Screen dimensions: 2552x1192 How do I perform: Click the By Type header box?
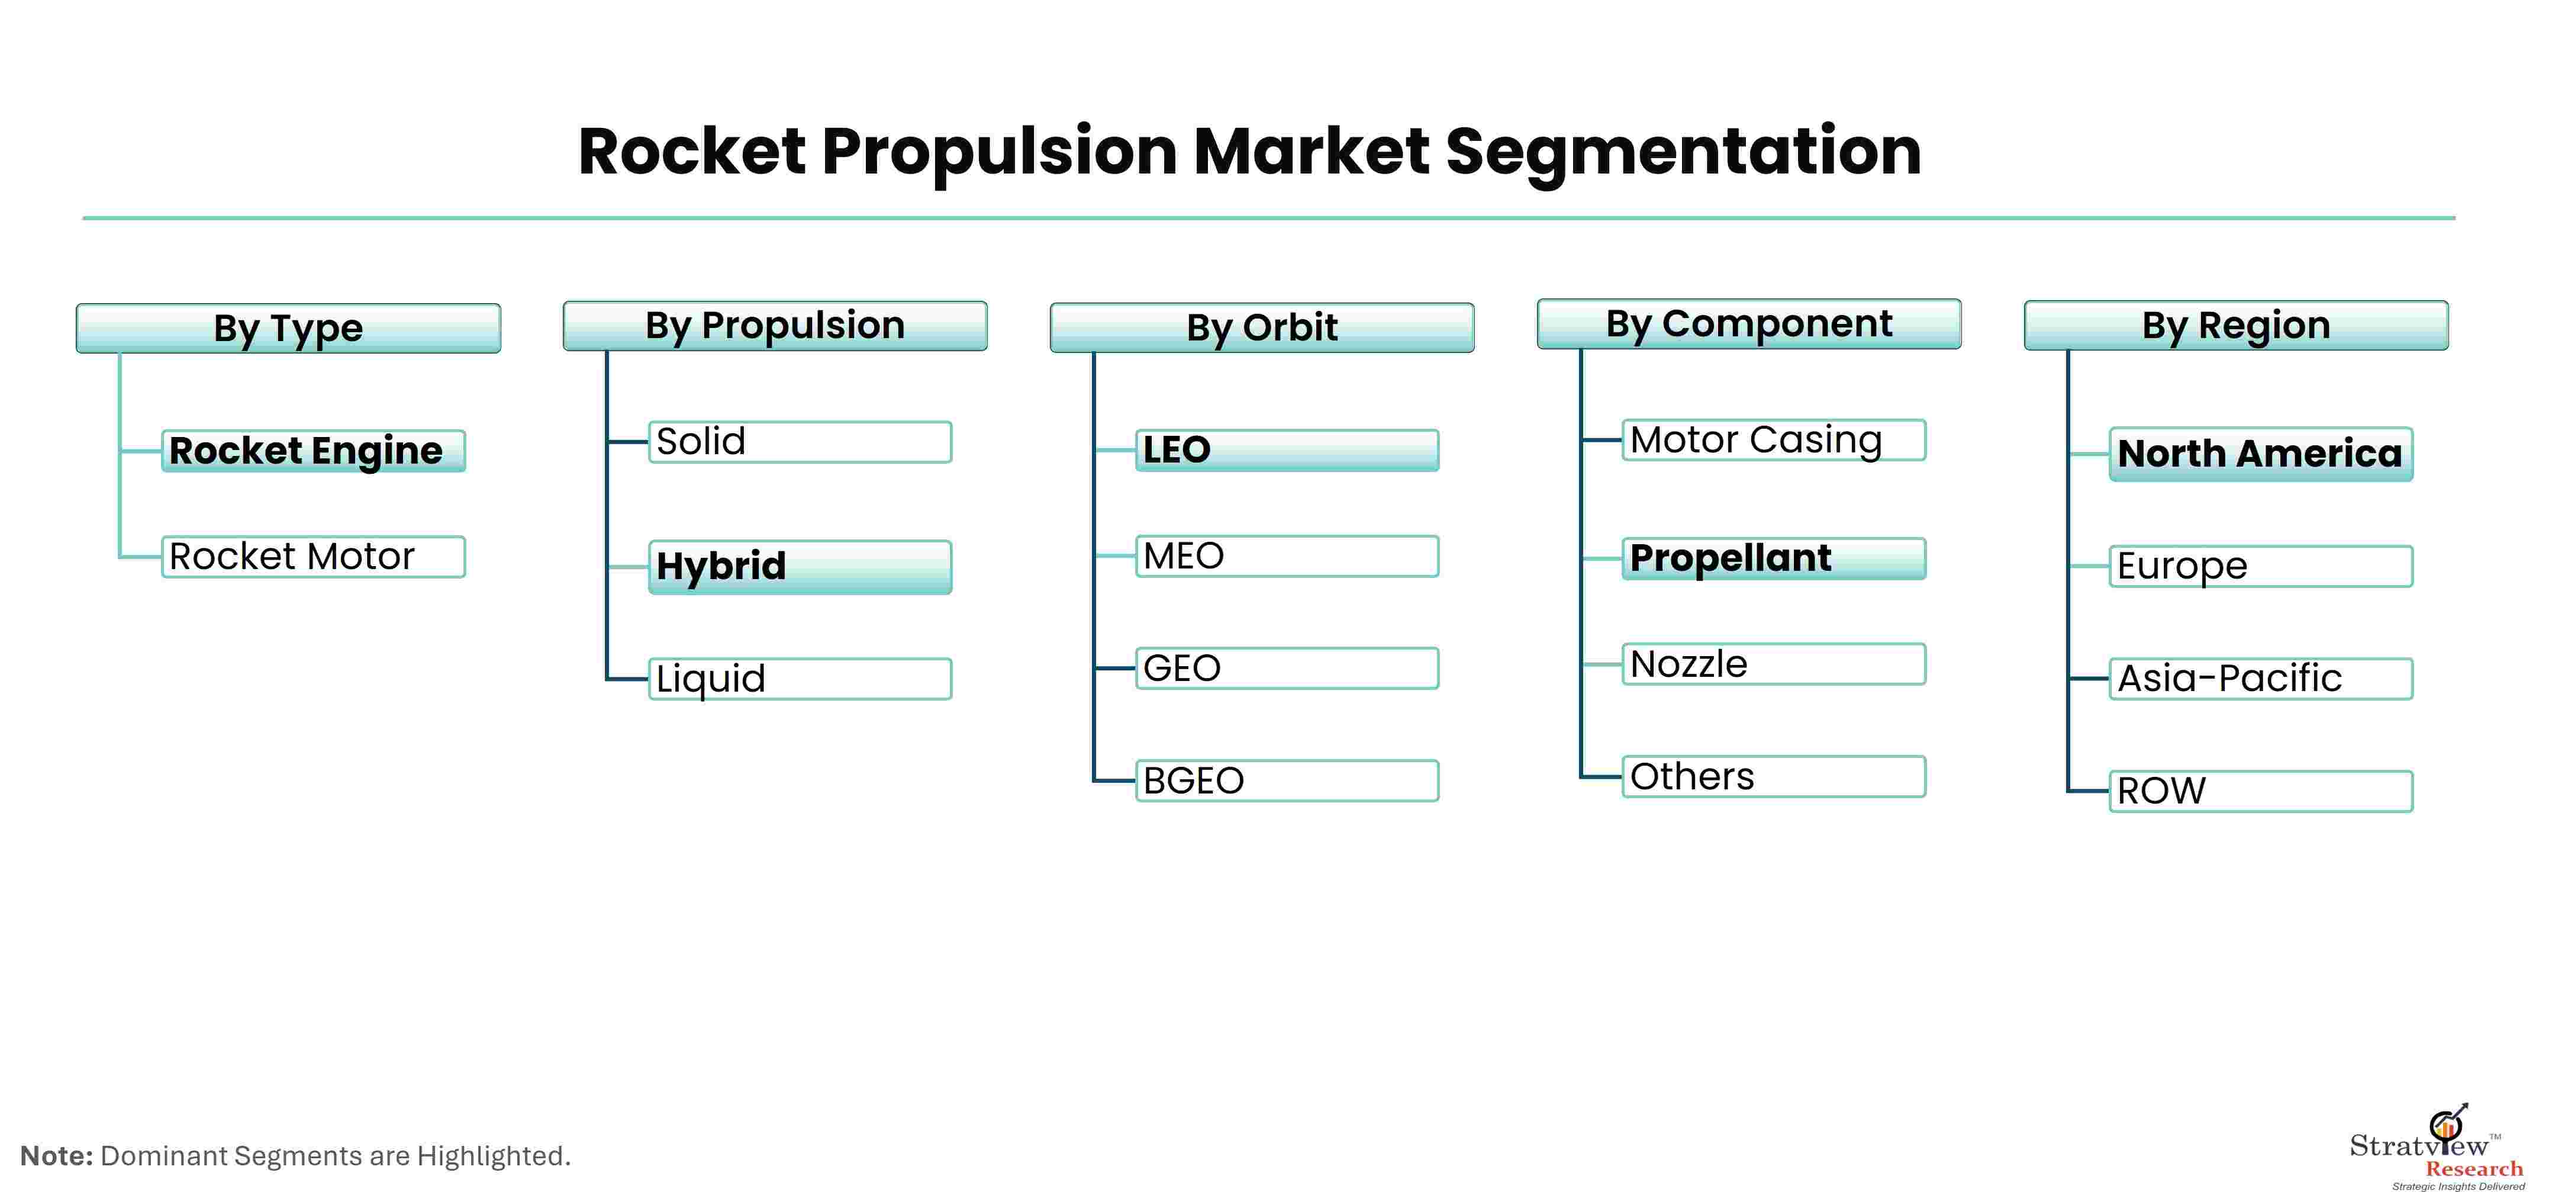coord(288,328)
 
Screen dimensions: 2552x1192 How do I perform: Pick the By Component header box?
coord(1748,324)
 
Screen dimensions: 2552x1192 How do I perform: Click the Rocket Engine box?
coord(313,451)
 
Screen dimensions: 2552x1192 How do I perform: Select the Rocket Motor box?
coord(313,557)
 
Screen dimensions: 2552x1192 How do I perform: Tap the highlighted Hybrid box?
coord(800,567)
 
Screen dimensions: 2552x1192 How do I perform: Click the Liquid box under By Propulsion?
coord(800,679)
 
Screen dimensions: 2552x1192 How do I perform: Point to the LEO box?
coord(1287,450)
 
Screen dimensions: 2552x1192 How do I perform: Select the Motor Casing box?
coord(1773,440)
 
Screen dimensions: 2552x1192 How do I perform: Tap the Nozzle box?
coord(1773,664)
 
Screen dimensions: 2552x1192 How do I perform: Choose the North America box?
coord(2261,454)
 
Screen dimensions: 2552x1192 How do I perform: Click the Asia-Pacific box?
coord(2261,679)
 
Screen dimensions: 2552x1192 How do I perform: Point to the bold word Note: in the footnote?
coord(56,1155)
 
